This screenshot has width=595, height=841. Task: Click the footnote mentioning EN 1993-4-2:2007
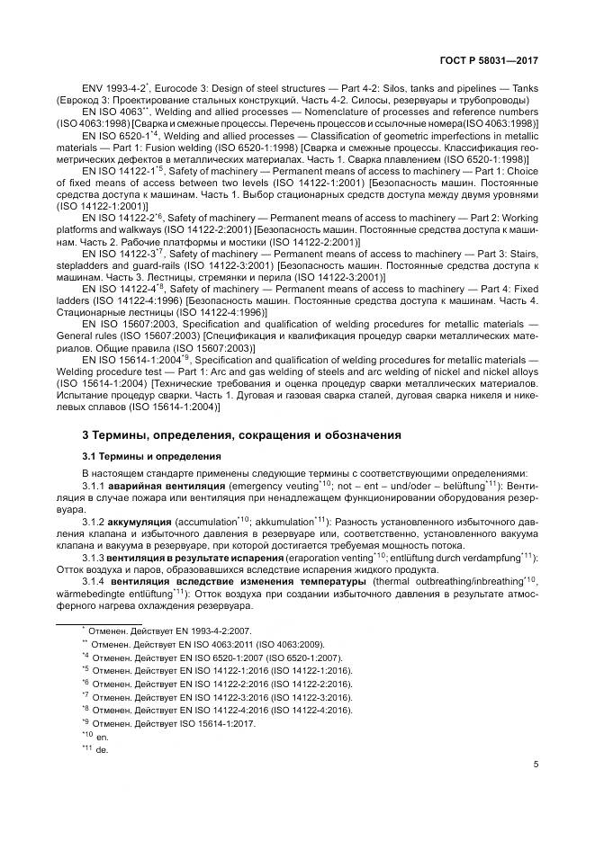(167, 632)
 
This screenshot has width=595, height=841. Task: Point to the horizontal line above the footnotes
(99, 621)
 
